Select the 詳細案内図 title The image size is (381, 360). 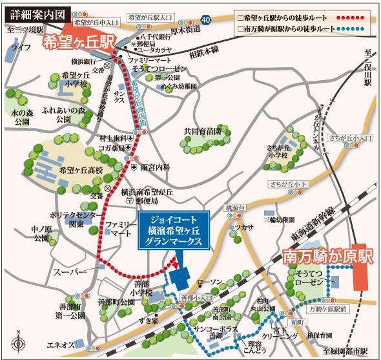point(32,13)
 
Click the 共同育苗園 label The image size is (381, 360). point(202,131)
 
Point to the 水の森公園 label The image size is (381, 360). point(21,116)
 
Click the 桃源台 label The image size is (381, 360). point(231,208)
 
